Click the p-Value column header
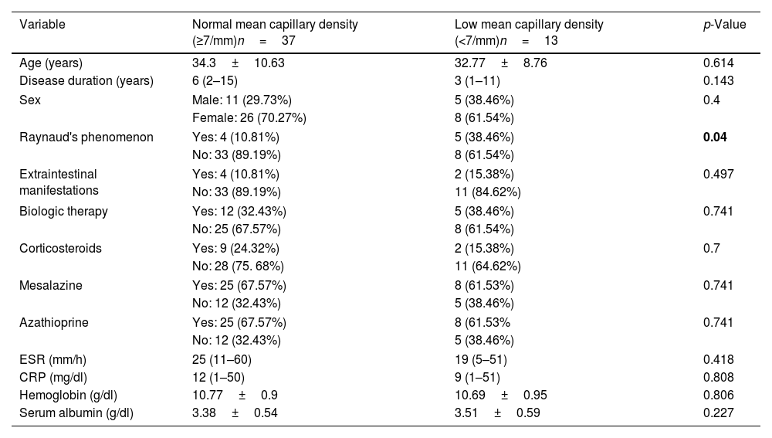point(724,25)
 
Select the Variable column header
point(42,24)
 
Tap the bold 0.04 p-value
point(715,137)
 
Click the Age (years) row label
point(51,63)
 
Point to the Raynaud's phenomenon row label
point(86,137)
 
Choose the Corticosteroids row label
point(60,248)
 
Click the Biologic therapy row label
point(63,212)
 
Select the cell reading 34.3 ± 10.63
point(239,63)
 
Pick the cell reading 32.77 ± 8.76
point(501,63)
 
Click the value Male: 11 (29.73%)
point(242,100)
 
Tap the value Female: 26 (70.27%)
point(249,117)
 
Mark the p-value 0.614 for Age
point(718,63)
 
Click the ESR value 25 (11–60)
point(222,360)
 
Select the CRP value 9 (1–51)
point(477,378)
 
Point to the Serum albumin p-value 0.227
point(718,413)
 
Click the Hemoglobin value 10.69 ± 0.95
point(501,396)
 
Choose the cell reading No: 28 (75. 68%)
point(238,266)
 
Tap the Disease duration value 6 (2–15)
point(215,81)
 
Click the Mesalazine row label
point(51,285)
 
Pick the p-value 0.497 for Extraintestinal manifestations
point(718,174)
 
